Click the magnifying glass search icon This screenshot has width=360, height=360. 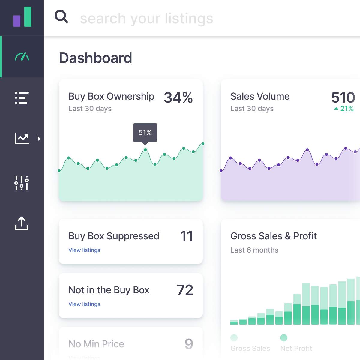tap(61, 16)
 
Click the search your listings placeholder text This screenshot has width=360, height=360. tap(147, 18)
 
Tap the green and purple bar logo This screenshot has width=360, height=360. tap(22, 17)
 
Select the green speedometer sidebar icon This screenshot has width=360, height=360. tap(22, 57)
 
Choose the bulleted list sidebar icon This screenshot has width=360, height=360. tap(22, 98)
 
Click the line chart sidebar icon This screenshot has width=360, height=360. tap(22, 139)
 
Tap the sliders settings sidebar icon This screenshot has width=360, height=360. tap(22, 183)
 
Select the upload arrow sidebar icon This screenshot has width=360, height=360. tap(22, 223)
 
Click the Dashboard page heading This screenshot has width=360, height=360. tap(95, 58)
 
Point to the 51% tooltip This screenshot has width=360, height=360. tap(145, 132)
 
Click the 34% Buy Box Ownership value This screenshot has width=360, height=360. tap(178, 97)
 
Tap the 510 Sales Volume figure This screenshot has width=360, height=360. tap(343, 97)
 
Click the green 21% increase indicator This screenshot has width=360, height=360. tap(344, 109)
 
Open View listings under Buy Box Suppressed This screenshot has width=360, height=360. tap(84, 250)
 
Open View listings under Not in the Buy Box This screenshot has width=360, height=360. tap(84, 304)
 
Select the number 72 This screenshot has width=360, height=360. tap(185, 290)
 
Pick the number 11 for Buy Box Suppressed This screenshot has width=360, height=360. tap(187, 236)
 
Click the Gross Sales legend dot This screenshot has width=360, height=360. tap(234, 338)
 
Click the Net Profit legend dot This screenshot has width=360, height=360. tap(284, 338)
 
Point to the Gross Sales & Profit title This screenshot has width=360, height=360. tap(274, 236)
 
